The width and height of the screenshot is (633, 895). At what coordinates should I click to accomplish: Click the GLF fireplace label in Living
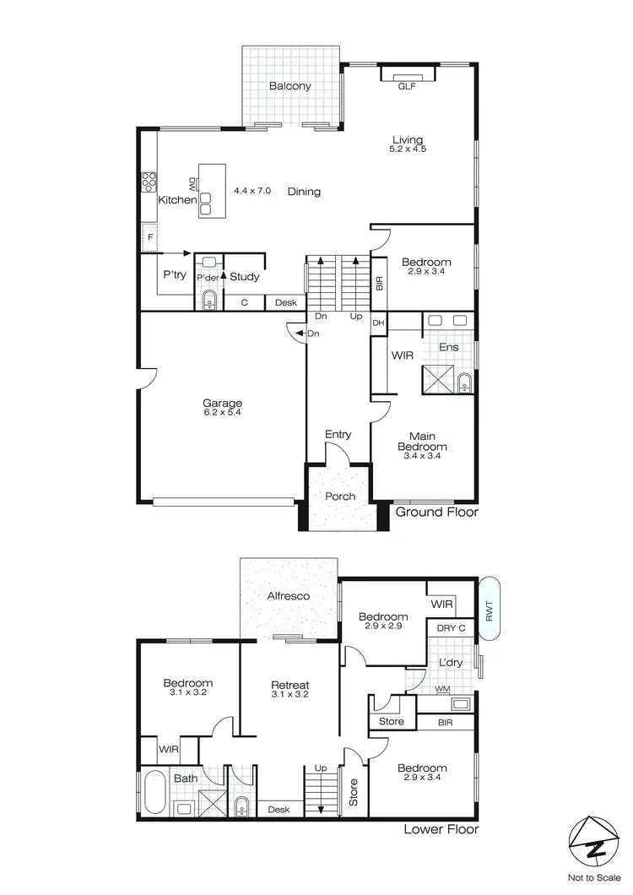pos(407,85)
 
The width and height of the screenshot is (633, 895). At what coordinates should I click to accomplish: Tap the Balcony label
pos(290,85)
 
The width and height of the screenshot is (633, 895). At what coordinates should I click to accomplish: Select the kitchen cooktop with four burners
pos(149,182)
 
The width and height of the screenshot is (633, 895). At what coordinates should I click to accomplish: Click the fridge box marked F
pos(149,237)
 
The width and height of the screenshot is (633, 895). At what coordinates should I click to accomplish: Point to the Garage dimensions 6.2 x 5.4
pos(222,414)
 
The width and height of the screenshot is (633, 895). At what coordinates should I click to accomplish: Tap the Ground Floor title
pos(436,512)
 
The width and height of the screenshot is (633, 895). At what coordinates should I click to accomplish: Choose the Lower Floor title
pos(441,829)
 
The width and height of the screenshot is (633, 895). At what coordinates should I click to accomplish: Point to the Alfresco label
pos(289,596)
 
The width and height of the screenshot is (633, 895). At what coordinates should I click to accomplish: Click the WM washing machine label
pos(441,690)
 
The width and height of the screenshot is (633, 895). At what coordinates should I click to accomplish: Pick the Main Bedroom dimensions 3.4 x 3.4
pos(423,456)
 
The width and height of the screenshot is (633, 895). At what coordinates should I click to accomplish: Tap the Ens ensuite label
pos(448,347)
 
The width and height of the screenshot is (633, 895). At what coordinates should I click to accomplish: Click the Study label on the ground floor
pos(244,277)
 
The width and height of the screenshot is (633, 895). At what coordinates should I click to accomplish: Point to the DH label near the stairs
pos(379,323)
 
